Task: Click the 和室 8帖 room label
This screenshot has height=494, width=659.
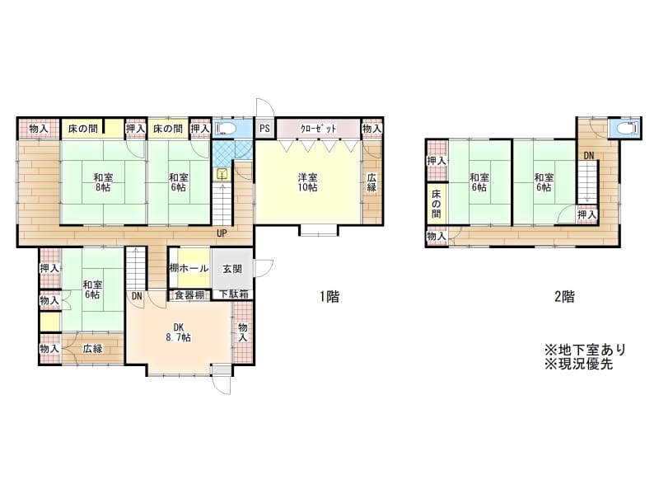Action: point(103,182)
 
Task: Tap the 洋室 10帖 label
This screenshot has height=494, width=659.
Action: point(307,182)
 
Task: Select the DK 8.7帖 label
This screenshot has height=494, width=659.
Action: point(179,332)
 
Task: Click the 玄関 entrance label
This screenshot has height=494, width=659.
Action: point(232,269)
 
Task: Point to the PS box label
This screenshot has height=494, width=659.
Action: point(264,128)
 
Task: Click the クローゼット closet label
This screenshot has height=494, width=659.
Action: point(318,129)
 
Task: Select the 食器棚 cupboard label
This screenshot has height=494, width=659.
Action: point(189,295)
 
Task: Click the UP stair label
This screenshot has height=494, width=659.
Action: point(221,233)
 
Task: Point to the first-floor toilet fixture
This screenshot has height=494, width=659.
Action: point(225,128)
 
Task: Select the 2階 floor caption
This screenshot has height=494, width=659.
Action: point(564,297)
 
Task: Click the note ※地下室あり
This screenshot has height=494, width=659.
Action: point(586,350)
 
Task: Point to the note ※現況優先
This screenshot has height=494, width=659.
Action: point(579,364)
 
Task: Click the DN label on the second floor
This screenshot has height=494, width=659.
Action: point(589,156)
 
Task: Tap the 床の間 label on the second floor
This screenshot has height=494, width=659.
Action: point(437,204)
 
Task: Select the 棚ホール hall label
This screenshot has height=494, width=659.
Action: point(189,268)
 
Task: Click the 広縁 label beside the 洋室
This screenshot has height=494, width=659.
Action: point(372,182)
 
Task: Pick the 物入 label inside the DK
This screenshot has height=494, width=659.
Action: point(243,332)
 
